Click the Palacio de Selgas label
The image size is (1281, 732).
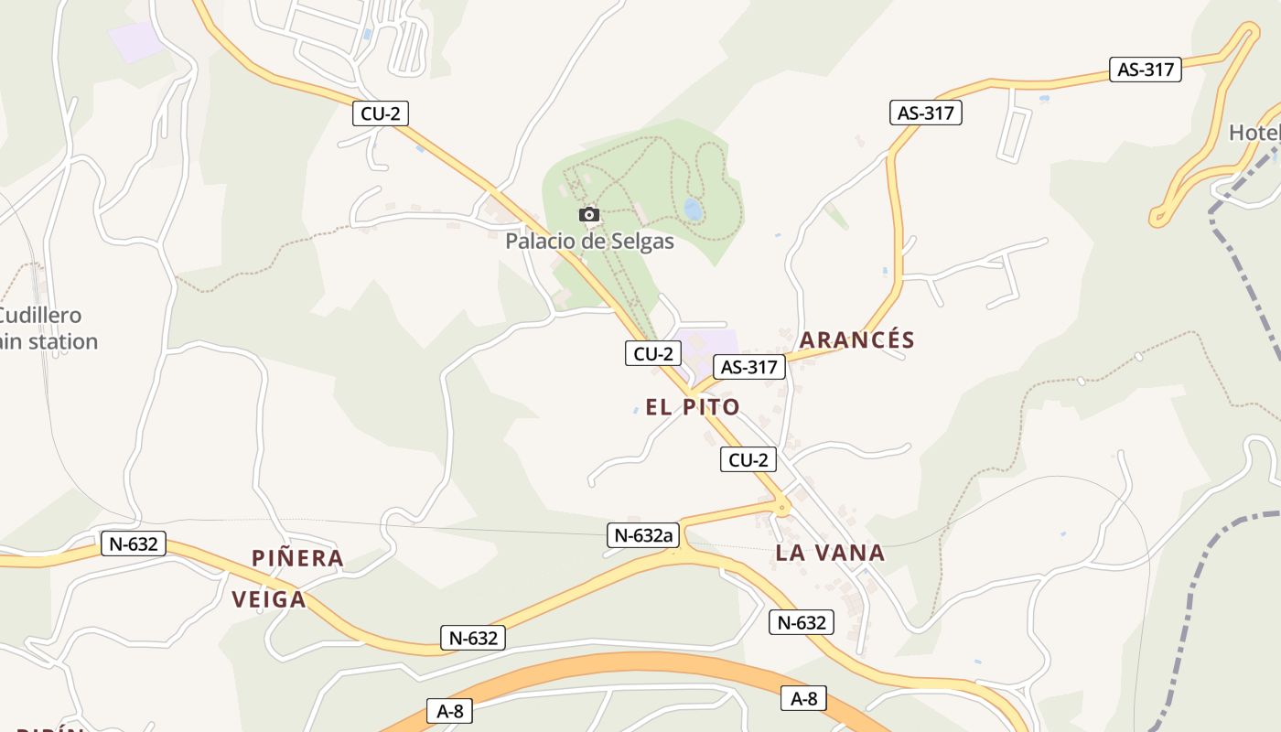click(x=589, y=242)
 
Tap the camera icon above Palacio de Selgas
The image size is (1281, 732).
click(x=589, y=215)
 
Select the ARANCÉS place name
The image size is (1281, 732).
click(x=857, y=340)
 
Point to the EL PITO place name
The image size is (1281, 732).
click(x=693, y=407)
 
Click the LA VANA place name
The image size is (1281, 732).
click(x=830, y=553)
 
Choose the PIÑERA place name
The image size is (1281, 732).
click(x=297, y=558)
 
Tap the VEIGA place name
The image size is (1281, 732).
click(x=268, y=599)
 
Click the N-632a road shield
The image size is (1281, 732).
click(x=642, y=535)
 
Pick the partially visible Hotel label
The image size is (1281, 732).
click(x=1254, y=133)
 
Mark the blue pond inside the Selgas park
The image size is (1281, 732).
click(x=693, y=210)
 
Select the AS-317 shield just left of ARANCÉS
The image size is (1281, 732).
click(x=749, y=368)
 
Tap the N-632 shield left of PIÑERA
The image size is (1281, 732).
click(x=133, y=544)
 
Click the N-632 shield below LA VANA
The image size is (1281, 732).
click(x=802, y=623)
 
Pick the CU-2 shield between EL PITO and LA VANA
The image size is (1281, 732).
click(x=748, y=459)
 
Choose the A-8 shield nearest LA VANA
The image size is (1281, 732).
click(x=803, y=699)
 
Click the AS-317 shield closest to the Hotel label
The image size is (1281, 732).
click(x=1146, y=69)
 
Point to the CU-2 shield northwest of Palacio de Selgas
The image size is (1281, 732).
click(x=380, y=113)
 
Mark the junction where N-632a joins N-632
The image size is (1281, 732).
click(x=678, y=553)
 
